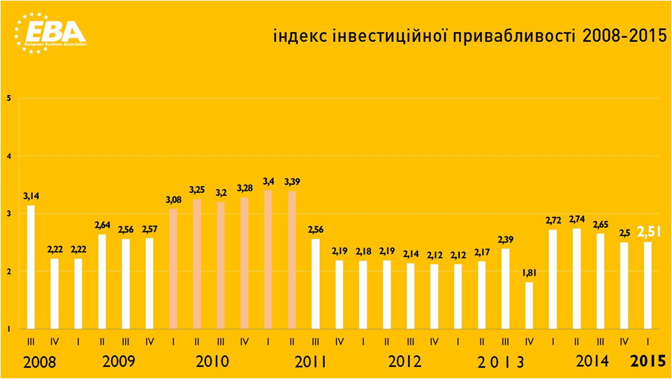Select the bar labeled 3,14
[30, 266]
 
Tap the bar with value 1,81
[529, 305]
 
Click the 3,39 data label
[292, 183]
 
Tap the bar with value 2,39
[505, 288]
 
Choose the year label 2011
[311, 363]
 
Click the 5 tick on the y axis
[8, 99]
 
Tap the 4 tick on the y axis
[8, 156]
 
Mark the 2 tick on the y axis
[8, 271]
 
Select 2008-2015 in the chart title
[622, 36]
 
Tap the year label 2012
[404, 363]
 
